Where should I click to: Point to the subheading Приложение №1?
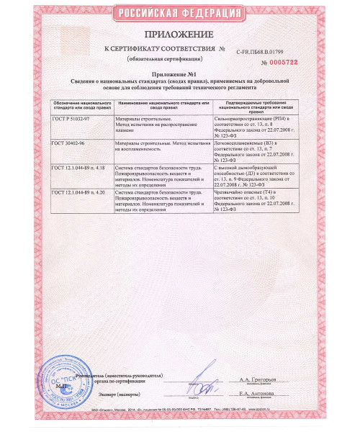(x=179, y=73)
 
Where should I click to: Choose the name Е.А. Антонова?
(x=258, y=394)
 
